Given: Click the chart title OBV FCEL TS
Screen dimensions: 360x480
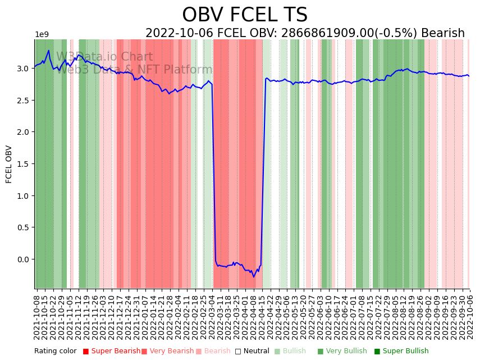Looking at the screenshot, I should click(245, 15).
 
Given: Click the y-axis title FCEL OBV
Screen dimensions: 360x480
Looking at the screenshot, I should click(9, 164).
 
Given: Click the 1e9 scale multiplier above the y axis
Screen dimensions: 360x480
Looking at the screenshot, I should click(42, 35).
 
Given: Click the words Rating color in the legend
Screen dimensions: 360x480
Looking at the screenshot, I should click(55, 352).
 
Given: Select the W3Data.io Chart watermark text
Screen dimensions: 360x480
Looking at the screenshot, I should click(104, 57).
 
